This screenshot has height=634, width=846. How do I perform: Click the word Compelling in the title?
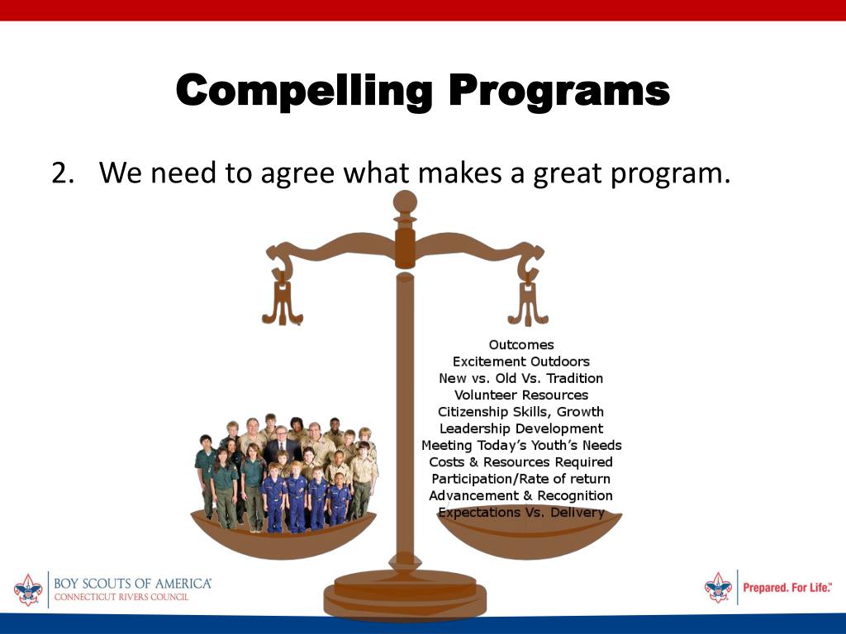[x=304, y=91]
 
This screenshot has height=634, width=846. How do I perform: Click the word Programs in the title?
[x=559, y=92]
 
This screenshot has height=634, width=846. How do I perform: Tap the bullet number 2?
[x=63, y=173]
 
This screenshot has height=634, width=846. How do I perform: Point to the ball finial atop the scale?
[x=405, y=203]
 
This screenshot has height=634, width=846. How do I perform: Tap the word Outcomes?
[x=521, y=344]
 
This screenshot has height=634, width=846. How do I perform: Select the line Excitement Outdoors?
[x=521, y=362]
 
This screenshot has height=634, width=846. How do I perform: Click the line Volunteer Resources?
[x=521, y=395]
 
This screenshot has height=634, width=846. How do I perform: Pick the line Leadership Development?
[x=521, y=428]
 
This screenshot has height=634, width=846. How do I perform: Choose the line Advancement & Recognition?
[x=521, y=495]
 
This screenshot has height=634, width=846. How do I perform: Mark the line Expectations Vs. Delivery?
[x=521, y=512]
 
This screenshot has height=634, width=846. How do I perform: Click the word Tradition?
[x=575, y=378]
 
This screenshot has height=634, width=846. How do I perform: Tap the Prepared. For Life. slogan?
[x=787, y=587]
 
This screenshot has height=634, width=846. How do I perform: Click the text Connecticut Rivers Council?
[x=121, y=597]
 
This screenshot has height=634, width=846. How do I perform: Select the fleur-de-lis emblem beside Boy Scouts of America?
[x=28, y=589]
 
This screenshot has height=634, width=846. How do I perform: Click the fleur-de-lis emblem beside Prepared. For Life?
[x=718, y=587]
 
